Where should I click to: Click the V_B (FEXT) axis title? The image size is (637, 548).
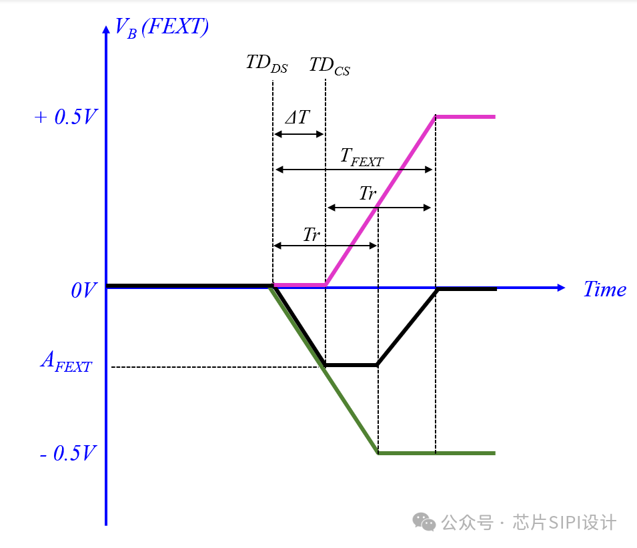click(162, 27)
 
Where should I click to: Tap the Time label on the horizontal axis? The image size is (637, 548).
click(604, 289)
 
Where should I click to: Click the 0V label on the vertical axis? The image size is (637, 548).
click(84, 290)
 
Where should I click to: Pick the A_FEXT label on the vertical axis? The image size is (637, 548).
click(65, 362)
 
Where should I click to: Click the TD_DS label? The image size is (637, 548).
click(267, 65)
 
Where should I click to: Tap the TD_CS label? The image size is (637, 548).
click(330, 67)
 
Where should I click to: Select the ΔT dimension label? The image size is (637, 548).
click(297, 118)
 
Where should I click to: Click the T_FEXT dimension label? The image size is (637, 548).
click(362, 157)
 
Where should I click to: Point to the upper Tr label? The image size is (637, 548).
click(368, 194)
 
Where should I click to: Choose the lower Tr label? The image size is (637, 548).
click(311, 235)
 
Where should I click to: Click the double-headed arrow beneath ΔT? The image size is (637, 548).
click(299, 134)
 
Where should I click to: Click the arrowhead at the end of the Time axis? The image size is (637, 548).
click(561, 288)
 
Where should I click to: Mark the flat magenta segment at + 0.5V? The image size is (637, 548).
click(465, 117)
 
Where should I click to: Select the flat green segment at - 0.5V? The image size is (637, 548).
click(436, 453)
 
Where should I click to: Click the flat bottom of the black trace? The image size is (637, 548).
click(351, 365)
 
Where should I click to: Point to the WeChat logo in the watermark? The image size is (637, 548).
click(424, 521)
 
